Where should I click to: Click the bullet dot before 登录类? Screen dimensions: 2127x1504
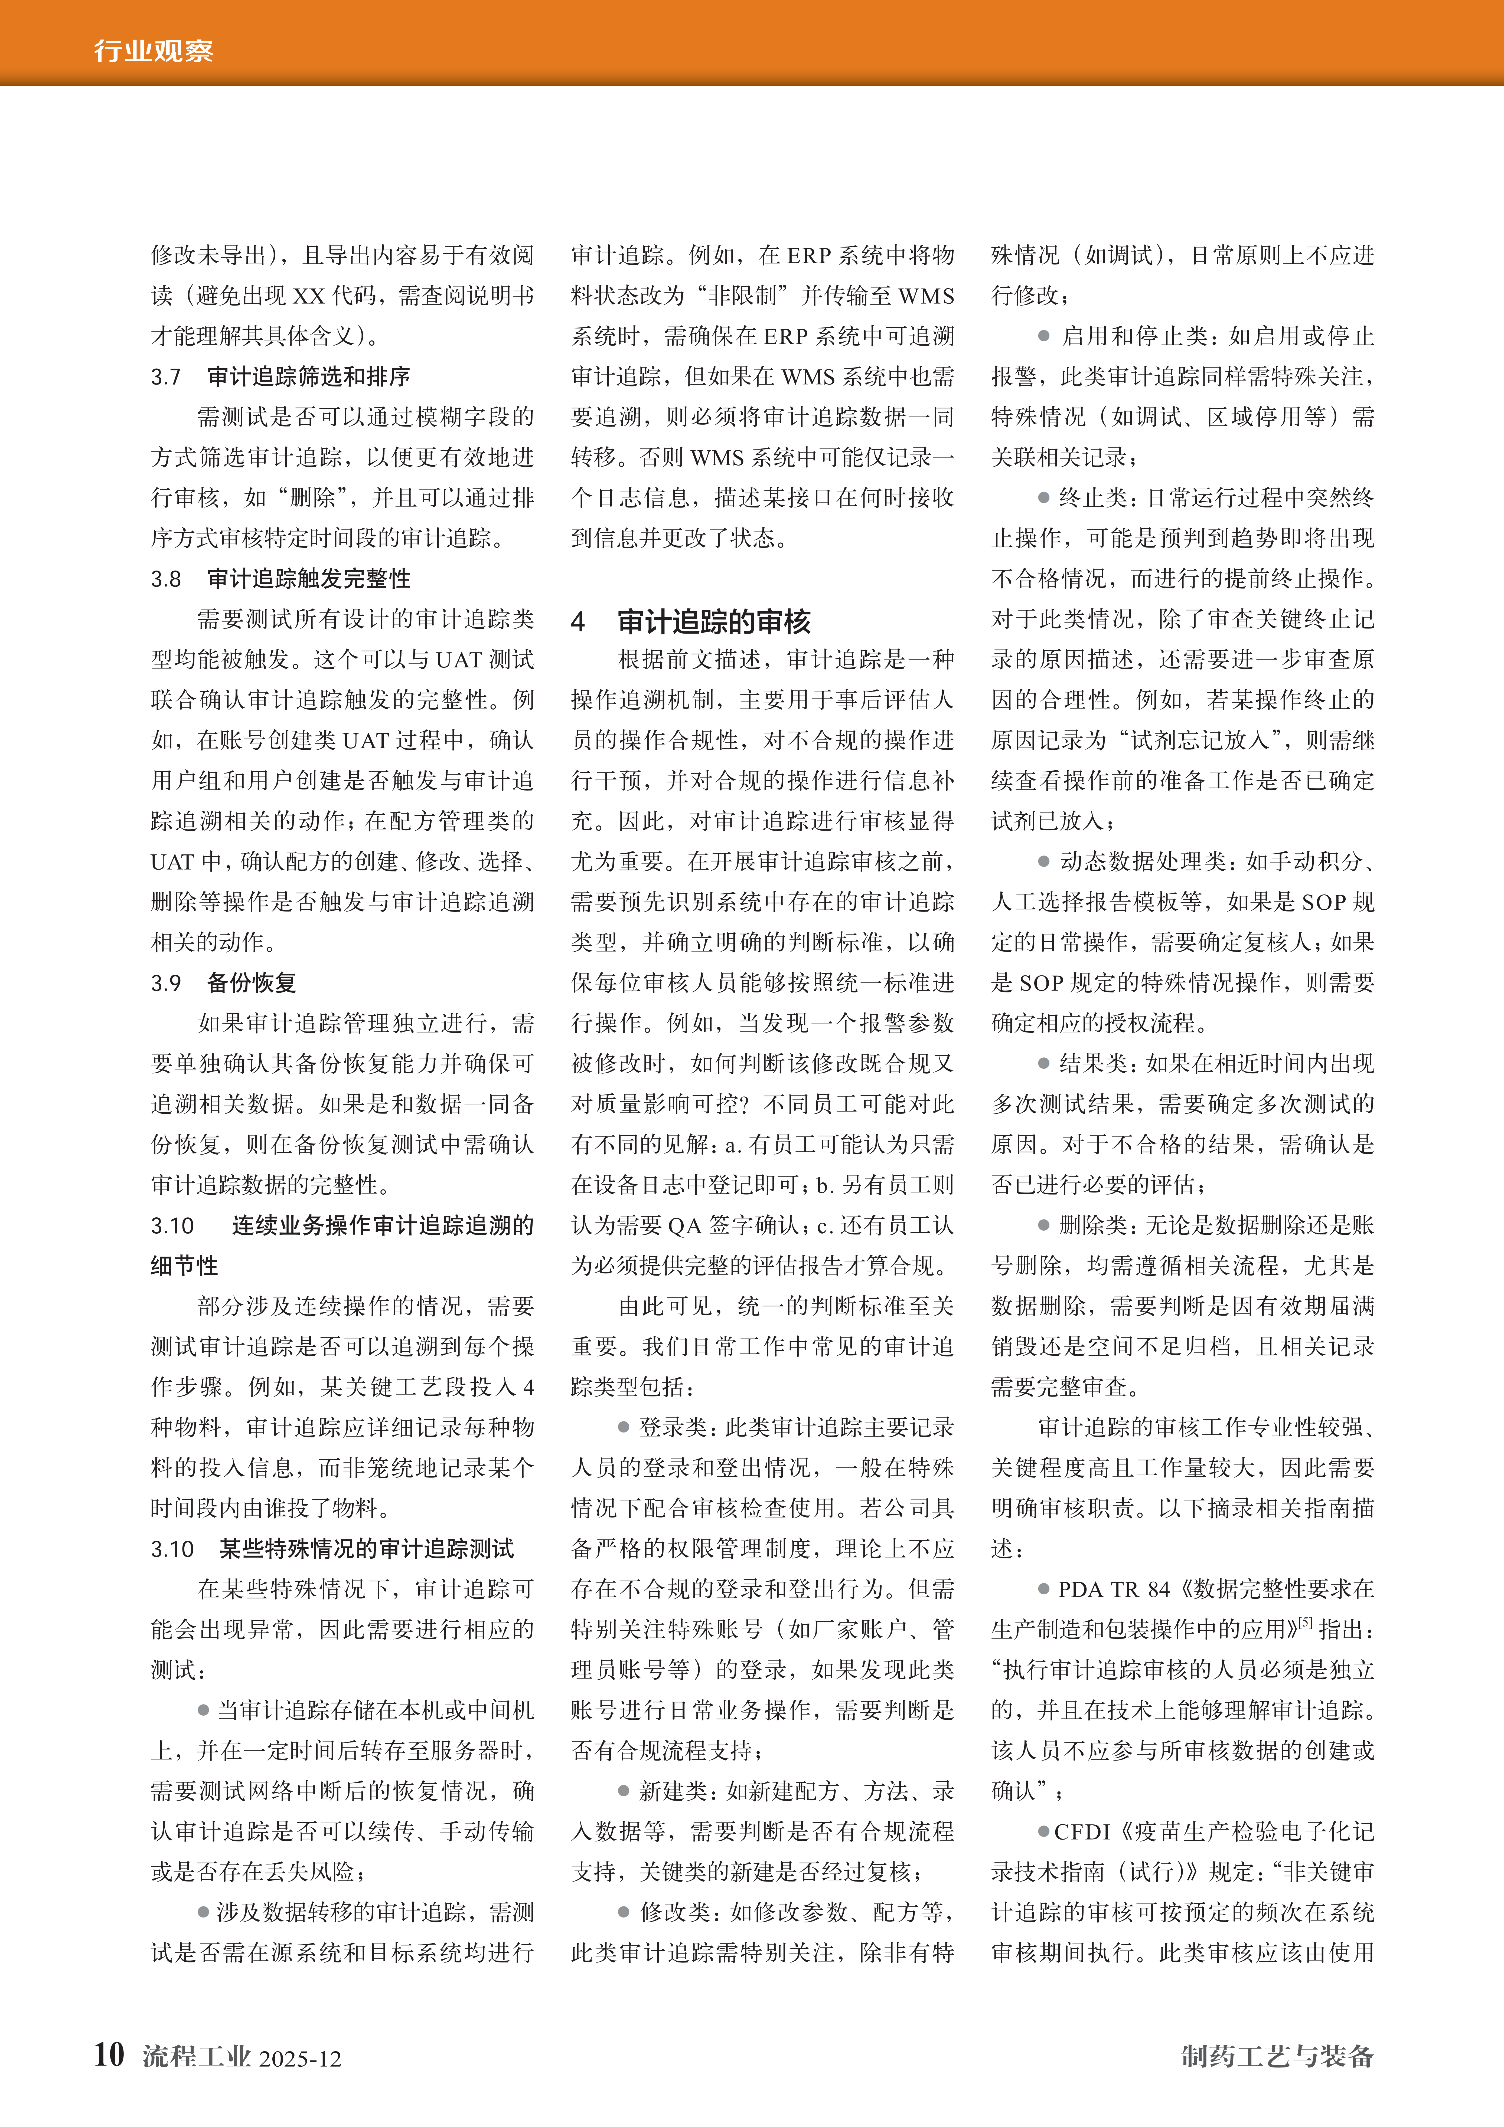624,1428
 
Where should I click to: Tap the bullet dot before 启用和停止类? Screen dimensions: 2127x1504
1043,336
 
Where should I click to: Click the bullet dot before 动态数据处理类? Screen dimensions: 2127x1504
1043,861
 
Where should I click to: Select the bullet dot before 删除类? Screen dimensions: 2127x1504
1043,1226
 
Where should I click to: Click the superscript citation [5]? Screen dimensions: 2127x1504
1305,1622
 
